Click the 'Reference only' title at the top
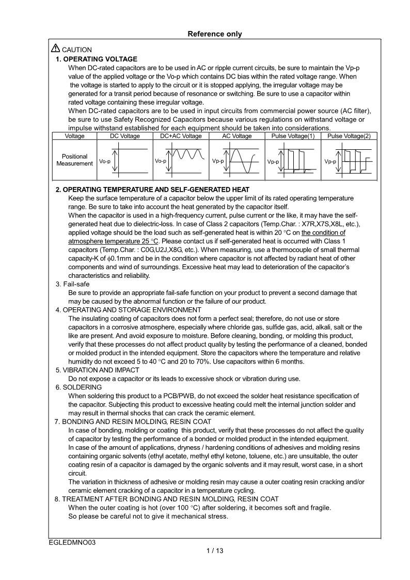click(x=214, y=34)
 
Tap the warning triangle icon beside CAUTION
click(x=56, y=49)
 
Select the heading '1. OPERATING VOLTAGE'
click(x=96, y=59)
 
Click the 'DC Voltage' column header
click(x=125, y=136)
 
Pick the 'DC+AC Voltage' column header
click(x=181, y=136)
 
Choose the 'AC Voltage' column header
click(x=237, y=136)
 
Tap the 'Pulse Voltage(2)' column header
click(x=349, y=136)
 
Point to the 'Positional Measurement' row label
click(x=74, y=160)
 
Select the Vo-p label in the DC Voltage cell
click(x=105, y=161)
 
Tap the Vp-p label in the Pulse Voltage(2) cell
click(x=330, y=162)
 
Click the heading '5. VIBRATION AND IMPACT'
click(x=97, y=370)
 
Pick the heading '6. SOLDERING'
click(x=78, y=387)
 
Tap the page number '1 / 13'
click(x=214, y=551)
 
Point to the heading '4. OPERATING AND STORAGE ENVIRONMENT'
click(x=128, y=310)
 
